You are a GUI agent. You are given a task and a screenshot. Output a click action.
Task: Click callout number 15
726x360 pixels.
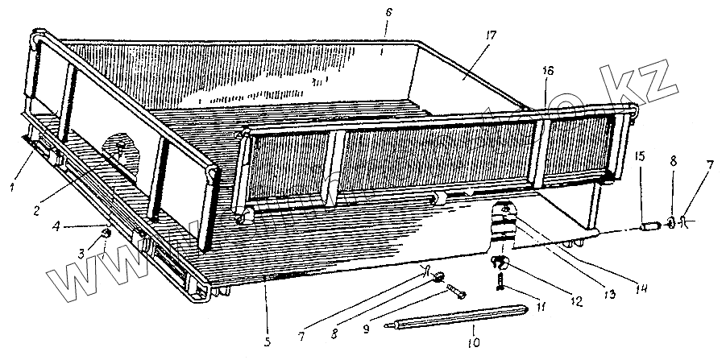(x=640, y=155)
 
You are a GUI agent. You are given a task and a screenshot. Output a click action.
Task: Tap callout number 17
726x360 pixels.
(x=491, y=35)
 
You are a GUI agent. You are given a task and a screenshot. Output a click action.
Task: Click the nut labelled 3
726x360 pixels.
(x=105, y=234)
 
